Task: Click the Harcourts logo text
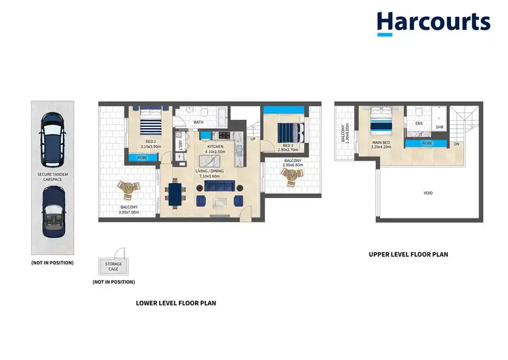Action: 433,22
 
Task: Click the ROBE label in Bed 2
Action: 142,158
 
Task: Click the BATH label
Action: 198,123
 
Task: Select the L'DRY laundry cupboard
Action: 181,144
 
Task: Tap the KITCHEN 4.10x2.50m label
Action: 215,149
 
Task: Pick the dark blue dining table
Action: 175,192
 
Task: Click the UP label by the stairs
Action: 253,140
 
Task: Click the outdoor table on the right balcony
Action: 292,176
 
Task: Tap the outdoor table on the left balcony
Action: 127,188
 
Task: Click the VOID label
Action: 427,193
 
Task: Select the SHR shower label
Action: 439,127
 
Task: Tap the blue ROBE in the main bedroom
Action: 427,144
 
